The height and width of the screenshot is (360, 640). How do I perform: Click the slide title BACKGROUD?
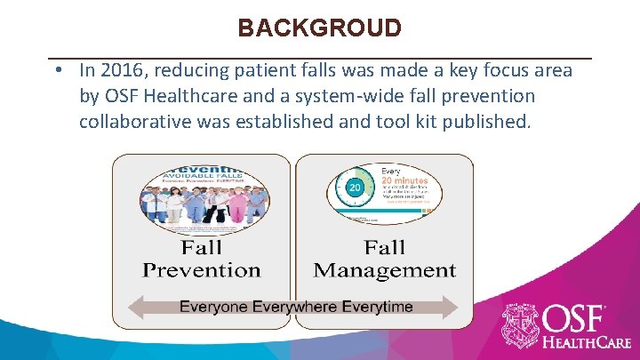click(x=319, y=28)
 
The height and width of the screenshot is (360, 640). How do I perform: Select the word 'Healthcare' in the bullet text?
click(x=196, y=95)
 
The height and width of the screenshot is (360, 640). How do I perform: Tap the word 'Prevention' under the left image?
click(x=202, y=270)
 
